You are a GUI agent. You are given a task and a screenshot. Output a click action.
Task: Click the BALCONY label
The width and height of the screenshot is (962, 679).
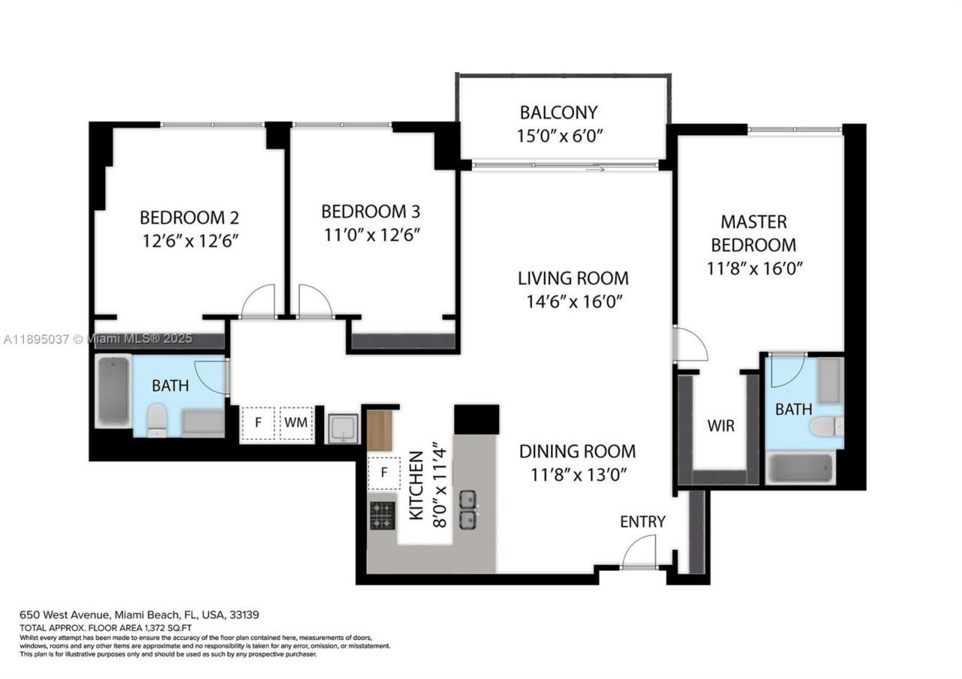click(x=558, y=113)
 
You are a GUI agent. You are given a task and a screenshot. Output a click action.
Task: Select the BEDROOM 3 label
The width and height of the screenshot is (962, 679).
click(x=370, y=211)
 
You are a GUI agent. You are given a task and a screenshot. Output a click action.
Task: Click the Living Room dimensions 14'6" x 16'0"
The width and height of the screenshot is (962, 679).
click(x=573, y=301)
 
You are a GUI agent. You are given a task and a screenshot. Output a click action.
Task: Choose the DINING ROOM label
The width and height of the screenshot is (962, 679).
click(x=577, y=451)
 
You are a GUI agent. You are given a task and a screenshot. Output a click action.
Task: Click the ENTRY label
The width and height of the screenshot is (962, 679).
click(x=643, y=521)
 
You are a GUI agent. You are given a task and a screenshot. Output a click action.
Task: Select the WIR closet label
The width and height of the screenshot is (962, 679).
click(x=721, y=426)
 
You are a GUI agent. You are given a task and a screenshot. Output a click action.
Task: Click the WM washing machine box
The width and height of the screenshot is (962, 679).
click(x=296, y=423)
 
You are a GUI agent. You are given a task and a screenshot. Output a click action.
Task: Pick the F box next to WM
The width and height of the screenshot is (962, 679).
click(x=258, y=423)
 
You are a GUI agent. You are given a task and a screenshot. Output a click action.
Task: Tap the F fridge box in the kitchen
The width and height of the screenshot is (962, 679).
click(x=384, y=473)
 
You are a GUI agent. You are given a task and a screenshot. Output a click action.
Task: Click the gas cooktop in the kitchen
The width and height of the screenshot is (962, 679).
click(x=383, y=515)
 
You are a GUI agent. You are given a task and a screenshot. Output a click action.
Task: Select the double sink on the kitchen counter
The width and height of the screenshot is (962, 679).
click(x=468, y=509)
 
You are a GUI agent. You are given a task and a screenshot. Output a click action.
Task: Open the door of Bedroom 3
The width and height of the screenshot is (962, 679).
click(x=316, y=302)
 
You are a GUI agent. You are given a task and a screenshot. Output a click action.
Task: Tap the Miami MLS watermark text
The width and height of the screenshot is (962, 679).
click(x=98, y=339)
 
